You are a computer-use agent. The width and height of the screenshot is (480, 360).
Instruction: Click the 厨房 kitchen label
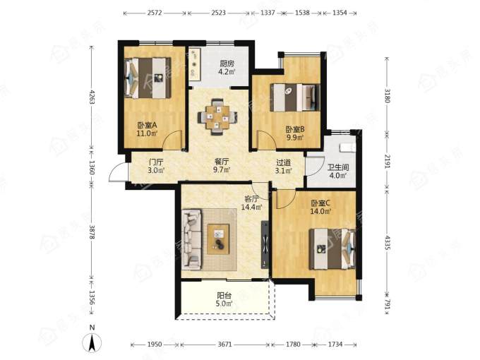227,64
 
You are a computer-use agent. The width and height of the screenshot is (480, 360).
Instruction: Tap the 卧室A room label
147,125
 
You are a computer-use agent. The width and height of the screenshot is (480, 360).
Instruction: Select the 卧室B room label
295,129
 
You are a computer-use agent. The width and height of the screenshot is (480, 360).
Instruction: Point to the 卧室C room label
320,203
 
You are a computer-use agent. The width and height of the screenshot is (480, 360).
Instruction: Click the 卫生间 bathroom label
338,167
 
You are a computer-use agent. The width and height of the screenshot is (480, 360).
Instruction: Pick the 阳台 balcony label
224,296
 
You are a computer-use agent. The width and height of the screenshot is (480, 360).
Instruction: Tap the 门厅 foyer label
156,162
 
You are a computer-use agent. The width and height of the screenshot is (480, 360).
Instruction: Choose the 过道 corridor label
283,162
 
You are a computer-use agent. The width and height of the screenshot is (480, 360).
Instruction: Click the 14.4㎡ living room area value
251,207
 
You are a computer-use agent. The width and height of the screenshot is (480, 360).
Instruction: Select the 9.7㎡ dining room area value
222,170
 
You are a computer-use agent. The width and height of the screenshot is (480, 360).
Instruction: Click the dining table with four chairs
217,116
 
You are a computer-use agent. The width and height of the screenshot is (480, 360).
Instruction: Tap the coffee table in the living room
218,239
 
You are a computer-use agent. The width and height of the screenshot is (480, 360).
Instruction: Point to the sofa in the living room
191,239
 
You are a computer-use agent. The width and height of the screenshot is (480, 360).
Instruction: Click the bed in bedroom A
148,78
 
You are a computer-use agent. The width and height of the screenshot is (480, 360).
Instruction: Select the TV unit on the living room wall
265,245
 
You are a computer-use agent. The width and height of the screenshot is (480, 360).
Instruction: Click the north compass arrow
92,342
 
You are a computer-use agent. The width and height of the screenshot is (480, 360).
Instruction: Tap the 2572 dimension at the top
155,13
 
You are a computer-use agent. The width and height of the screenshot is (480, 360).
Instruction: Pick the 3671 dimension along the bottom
224,344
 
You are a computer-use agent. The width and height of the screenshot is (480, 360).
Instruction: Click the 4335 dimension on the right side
388,243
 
